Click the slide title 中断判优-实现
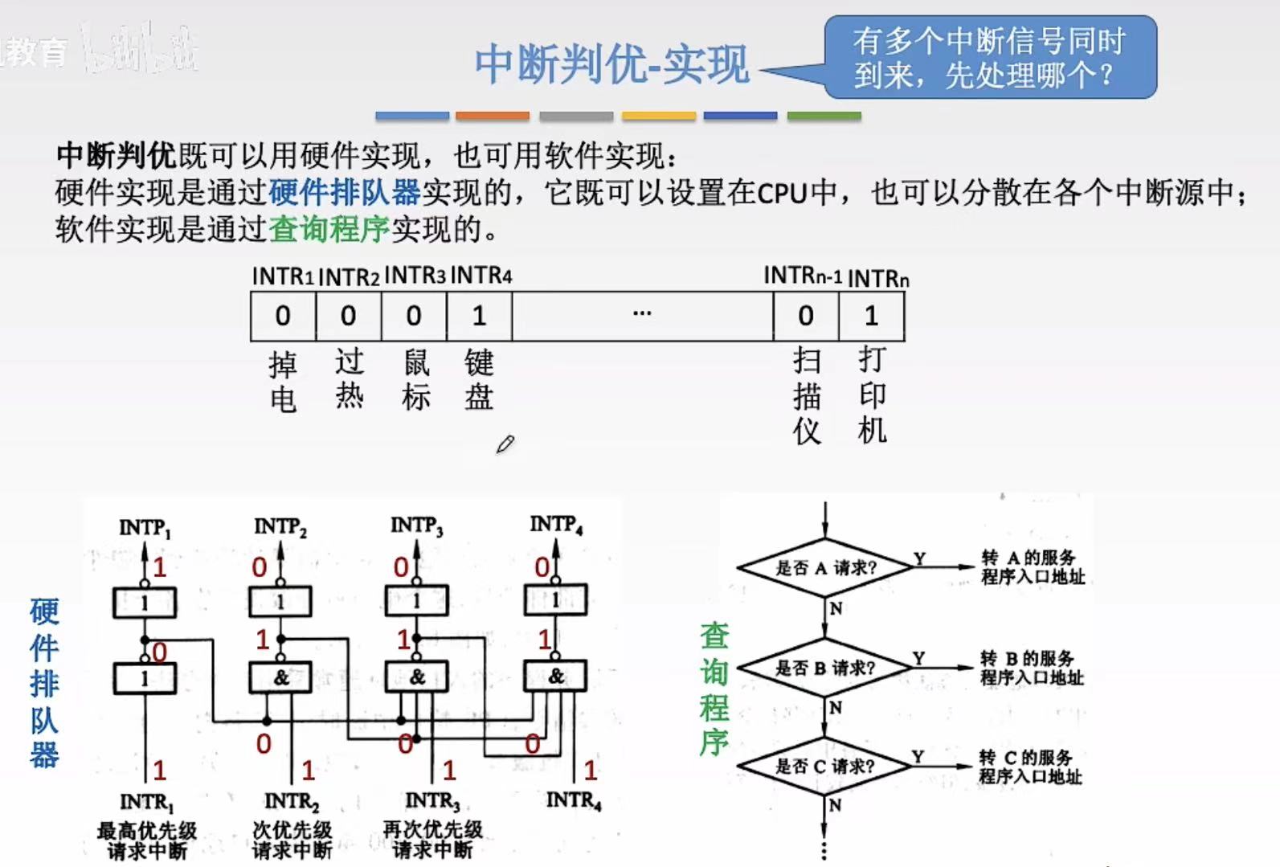click(611, 63)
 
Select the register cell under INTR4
click(479, 316)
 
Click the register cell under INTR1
click(283, 316)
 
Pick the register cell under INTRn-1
click(806, 316)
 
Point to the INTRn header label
click(878, 279)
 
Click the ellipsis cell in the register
click(642, 316)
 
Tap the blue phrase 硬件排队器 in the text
click(345, 192)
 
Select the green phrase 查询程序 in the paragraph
click(329, 230)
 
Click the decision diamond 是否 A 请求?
click(825, 568)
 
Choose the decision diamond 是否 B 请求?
click(825, 668)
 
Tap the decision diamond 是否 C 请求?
click(825, 767)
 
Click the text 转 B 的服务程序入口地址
click(1031, 668)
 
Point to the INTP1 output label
click(145, 528)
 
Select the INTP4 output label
click(556, 525)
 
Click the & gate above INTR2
click(280, 677)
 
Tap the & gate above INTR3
click(417, 677)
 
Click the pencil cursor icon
click(505, 444)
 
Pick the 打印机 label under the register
click(872, 395)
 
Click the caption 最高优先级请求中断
click(147, 840)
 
